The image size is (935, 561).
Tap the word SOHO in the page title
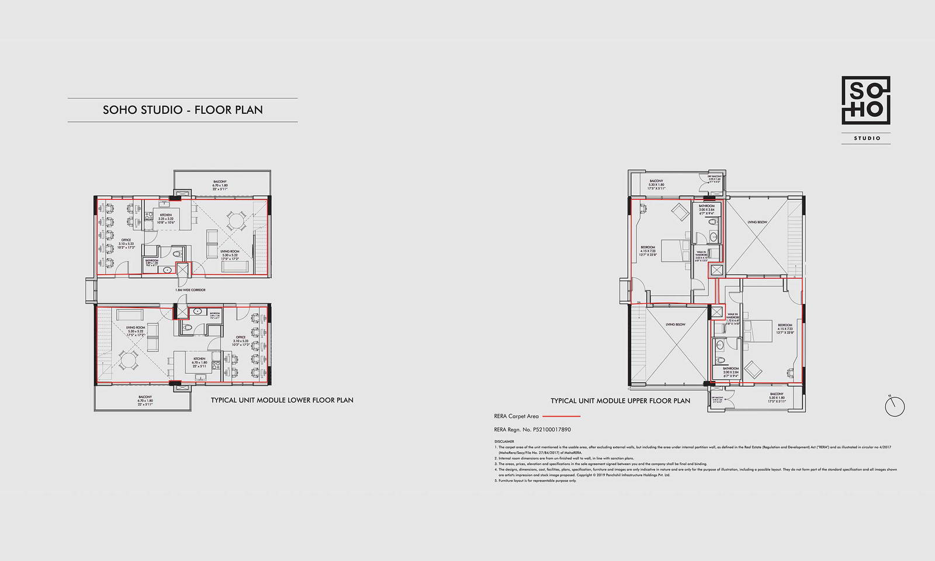120,109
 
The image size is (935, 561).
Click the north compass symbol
894,407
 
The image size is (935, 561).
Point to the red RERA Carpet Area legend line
562,417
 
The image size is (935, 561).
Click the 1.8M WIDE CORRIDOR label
191,290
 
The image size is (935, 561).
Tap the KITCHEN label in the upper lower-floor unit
166,215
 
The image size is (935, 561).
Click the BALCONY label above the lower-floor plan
220,182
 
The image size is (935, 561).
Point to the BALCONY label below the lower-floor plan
146,397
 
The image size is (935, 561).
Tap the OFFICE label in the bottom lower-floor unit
241,337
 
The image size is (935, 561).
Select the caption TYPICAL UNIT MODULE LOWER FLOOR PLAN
282,400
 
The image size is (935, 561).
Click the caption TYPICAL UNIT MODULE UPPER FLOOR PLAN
620,401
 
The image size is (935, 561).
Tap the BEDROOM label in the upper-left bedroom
647,247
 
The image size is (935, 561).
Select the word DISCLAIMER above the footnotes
503,442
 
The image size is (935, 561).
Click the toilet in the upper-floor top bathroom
713,237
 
